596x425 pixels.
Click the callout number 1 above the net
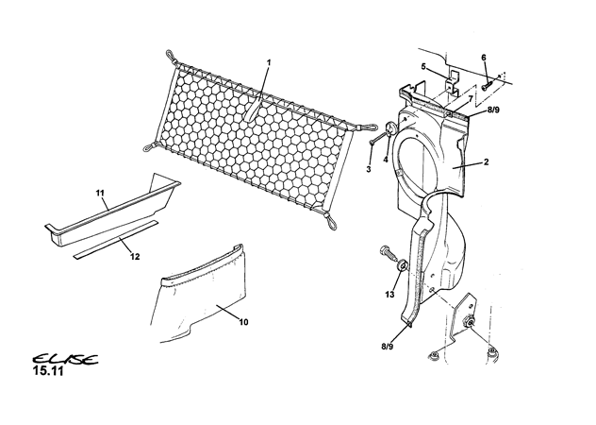269,62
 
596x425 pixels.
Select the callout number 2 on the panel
486,162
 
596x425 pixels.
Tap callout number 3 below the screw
369,169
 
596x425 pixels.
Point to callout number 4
386,160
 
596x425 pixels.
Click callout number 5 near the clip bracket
423,67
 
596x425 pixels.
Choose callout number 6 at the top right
484,58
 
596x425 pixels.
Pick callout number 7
471,99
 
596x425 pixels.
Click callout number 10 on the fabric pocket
243,322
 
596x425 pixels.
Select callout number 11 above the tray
100,194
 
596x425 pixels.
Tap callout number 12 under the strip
135,257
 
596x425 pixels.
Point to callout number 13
389,295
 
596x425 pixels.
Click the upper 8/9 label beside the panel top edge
493,110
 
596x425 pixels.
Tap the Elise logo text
65,359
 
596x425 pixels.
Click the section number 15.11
48,371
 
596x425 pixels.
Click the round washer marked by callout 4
390,128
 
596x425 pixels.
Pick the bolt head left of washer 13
385,251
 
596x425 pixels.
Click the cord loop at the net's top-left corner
172,57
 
